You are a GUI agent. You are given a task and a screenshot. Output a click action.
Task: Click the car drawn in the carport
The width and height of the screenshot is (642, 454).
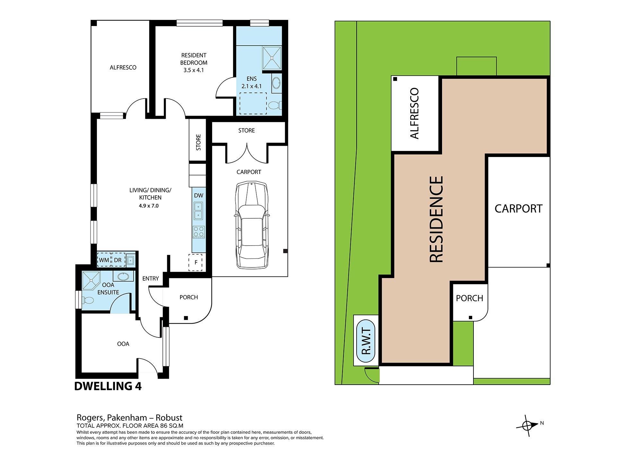(x=252, y=225)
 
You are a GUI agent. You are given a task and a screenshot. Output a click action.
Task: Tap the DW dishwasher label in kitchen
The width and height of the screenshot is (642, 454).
(x=198, y=195)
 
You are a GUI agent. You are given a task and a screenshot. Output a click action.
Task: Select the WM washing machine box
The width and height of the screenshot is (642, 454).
(x=104, y=260)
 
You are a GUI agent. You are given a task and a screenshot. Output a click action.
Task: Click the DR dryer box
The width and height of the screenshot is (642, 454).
(x=118, y=260)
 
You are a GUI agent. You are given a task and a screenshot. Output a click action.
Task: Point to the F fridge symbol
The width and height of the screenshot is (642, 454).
(x=195, y=262)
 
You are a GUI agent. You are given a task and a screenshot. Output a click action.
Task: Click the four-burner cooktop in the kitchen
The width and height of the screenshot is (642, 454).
(x=199, y=232)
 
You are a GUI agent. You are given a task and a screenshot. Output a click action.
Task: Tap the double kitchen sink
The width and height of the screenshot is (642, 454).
(x=198, y=211)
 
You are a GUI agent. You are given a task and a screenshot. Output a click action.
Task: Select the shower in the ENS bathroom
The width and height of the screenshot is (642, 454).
(x=272, y=58)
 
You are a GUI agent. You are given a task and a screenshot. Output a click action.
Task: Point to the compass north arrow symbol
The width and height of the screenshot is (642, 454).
(x=528, y=426)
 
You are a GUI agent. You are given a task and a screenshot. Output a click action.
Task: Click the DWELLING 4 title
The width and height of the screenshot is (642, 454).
(x=108, y=386)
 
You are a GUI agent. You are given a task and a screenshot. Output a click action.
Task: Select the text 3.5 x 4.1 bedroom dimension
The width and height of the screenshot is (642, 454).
(x=194, y=70)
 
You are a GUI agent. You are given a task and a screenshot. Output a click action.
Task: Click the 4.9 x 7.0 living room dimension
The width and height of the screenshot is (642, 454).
(x=149, y=206)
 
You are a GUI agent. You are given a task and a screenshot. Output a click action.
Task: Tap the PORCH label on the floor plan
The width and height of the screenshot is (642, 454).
(x=189, y=297)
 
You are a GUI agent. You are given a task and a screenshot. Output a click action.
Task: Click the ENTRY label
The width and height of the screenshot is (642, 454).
(x=151, y=278)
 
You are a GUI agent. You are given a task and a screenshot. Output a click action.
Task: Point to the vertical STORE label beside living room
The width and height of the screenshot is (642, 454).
(x=198, y=142)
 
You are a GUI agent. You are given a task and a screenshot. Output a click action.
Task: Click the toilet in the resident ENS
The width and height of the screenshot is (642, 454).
(x=274, y=105)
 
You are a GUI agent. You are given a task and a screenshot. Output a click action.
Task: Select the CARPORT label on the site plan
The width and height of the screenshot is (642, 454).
(x=518, y=209)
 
